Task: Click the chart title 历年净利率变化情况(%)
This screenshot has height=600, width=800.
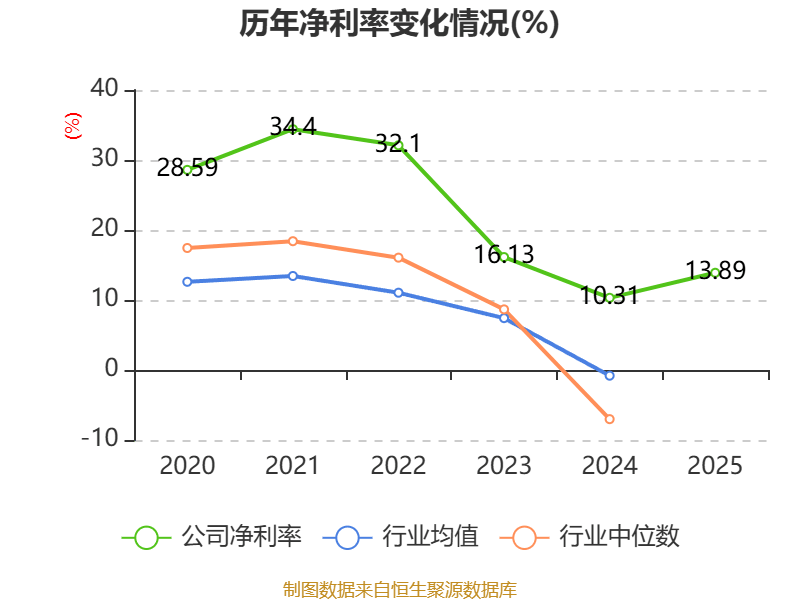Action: tap(399, 23)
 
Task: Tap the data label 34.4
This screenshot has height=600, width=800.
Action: tap(293, 126)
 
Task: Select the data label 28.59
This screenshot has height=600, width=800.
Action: tap(187, 168)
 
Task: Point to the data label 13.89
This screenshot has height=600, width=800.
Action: tap(715, 270)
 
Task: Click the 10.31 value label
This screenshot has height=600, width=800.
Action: tap(609, 296)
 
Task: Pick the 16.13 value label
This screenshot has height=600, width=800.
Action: tap(504, 255)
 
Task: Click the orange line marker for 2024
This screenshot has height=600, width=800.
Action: tap(609, 419)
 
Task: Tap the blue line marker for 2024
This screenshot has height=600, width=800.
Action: tap(609, 376)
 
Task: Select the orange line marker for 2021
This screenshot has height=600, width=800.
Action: tap(293, 241)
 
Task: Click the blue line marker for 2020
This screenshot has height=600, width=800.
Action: tap(187, 282)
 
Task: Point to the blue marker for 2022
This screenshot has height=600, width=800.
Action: tap(398, 293)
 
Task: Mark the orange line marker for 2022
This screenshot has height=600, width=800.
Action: tap(398, 258)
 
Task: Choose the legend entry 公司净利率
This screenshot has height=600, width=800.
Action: tap(212, 537)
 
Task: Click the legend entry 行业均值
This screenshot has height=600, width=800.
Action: tap(401, 537)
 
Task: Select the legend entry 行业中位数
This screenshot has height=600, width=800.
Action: tap(596, 537)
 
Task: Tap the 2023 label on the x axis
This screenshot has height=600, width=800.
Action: tap(504, 465)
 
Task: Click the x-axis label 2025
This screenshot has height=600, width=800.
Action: tap(715, 465)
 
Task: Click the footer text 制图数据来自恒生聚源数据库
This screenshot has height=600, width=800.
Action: tap(399, 589)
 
